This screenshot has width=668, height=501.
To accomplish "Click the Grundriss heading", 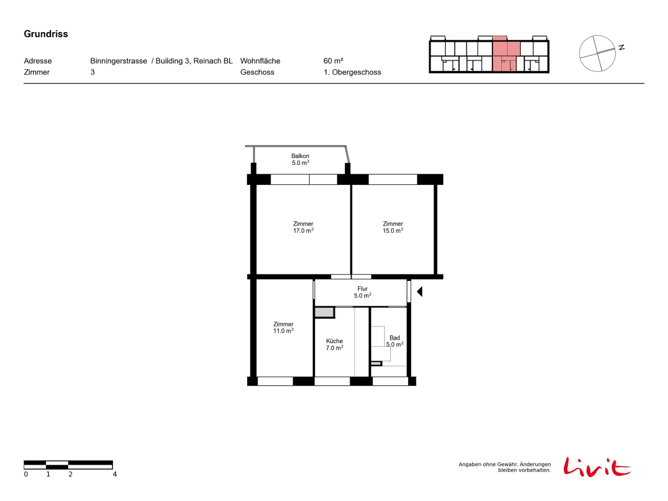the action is pyautogui.click(x=46, y=34).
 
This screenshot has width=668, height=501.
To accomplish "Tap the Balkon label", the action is pyautogui.click(x=300, y=159).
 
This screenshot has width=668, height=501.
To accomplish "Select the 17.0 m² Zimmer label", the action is pyautogui.click(x=303, y=227).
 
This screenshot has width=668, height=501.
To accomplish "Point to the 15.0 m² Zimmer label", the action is pyautogui.click(x=392, y=227).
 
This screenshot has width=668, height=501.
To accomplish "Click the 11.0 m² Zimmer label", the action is pyautogui.click(x=283, y=327).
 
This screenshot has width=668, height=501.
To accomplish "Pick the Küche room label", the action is pyautogui.click(x=334, y=344).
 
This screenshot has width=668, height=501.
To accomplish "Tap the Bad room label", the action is pyautogui.click(x=395, y=341).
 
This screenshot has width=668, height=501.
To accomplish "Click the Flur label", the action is pyautogui.click(x=362, y=292).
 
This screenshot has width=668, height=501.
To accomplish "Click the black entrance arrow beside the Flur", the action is pyautogui.click(x=419, y=291).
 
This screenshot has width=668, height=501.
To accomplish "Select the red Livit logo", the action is pyautogui.click(x=597, y=466).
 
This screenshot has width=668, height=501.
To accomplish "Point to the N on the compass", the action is pyautogui.click(x=621, y=47).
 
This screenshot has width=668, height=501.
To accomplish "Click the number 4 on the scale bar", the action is pyautogui.click(x=115, y=474).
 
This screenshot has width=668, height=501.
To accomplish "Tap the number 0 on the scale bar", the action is pyautogui.click(x=26, y=474).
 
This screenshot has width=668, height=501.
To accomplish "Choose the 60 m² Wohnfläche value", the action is pyautogui.click(x=333, y=61).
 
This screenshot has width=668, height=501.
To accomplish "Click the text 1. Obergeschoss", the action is pyautogui.click(x=352, y=72).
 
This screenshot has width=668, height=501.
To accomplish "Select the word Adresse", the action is pyautogui.click(x=38, y=61).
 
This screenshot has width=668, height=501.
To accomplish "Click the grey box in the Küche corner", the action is pyautogui.click(x=324, y=312).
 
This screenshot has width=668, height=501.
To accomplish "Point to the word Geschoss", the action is pyautogui.click(x=257, y=72).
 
